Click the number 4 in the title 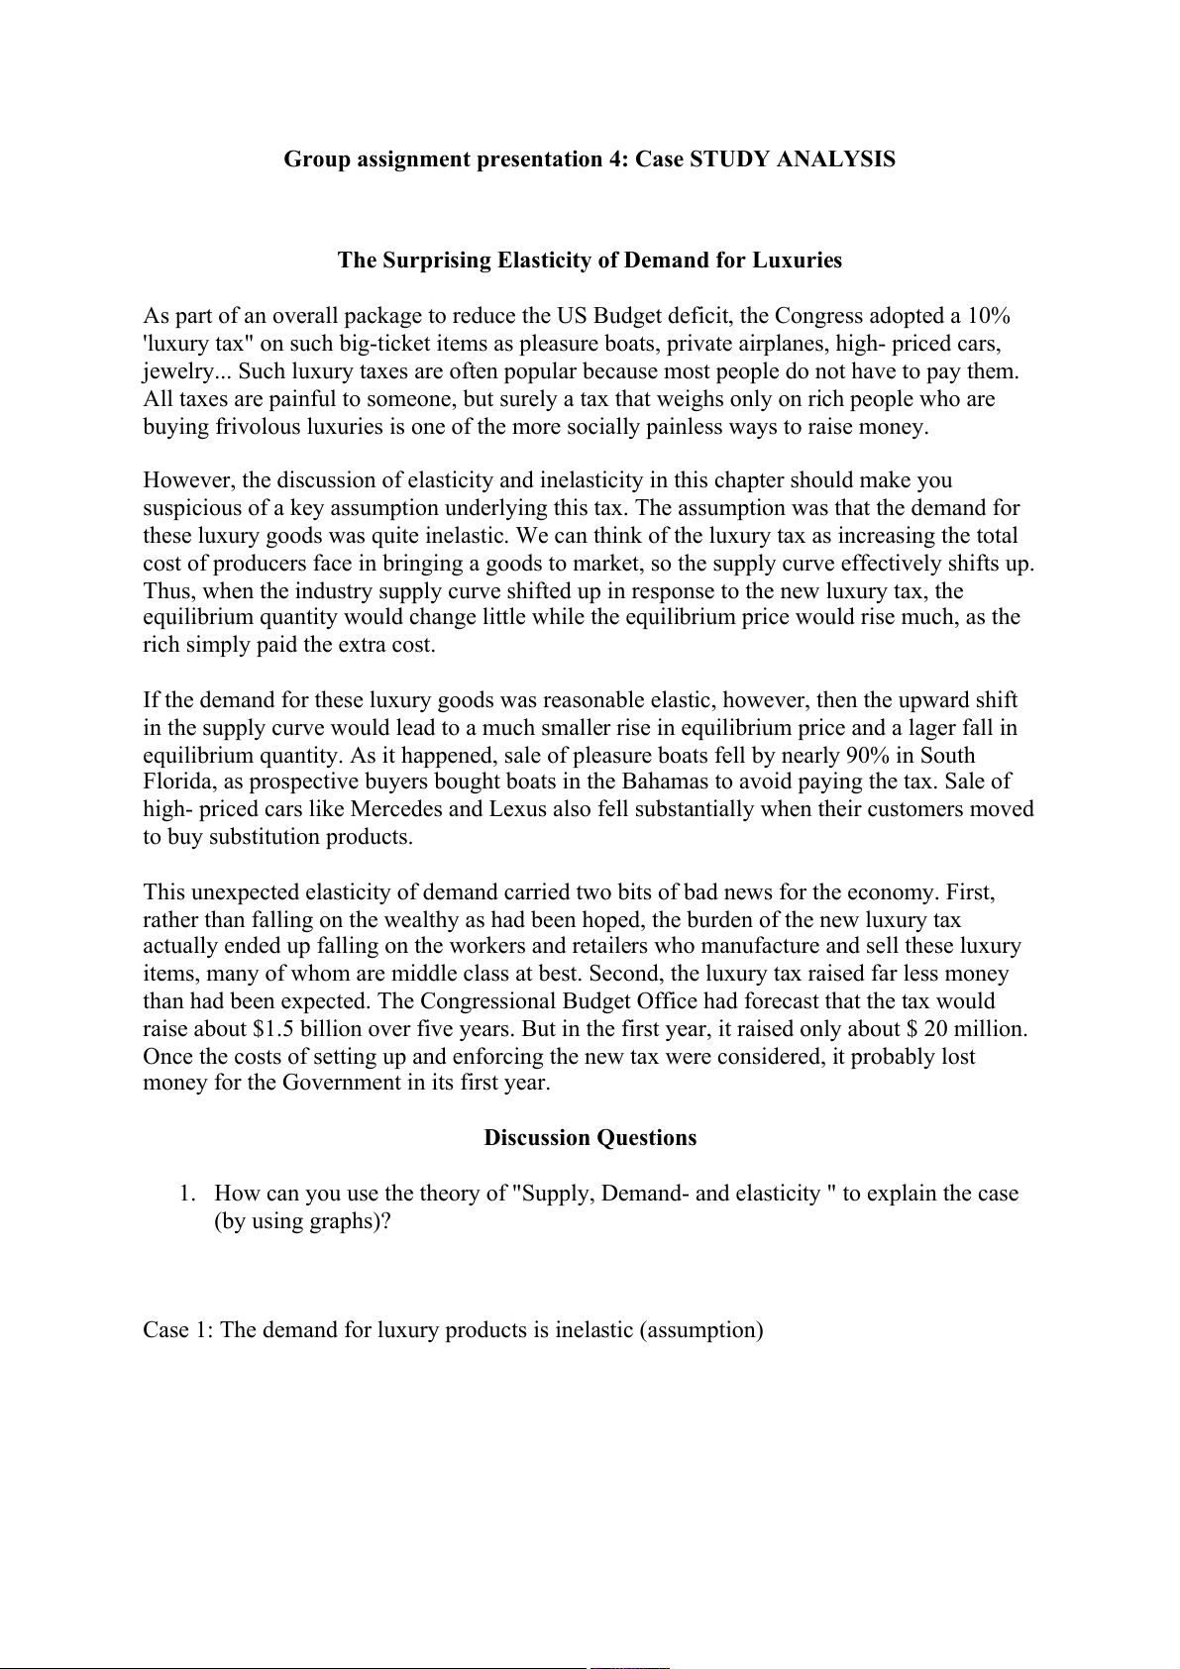(x=614, y=159)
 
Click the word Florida (x=175, y=782)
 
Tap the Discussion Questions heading (x=590, y=1138)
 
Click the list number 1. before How (x=188, y=1194)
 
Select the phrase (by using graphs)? (x=302, y=1221)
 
